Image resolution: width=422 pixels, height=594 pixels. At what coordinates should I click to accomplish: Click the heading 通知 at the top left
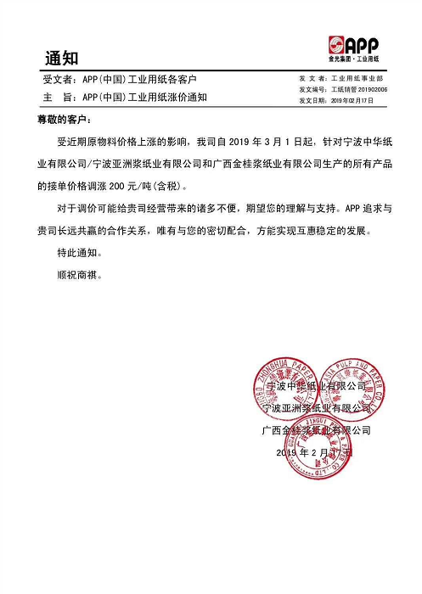coord(60,58)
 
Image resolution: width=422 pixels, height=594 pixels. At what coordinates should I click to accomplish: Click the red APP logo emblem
coord(336,45)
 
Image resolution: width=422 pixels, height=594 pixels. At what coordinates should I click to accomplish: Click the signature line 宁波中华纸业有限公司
coord(316,385)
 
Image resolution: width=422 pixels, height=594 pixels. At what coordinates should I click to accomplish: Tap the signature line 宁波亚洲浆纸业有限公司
coord(316,408)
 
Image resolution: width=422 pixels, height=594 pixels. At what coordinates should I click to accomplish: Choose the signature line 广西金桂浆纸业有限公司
coord(316,430)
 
